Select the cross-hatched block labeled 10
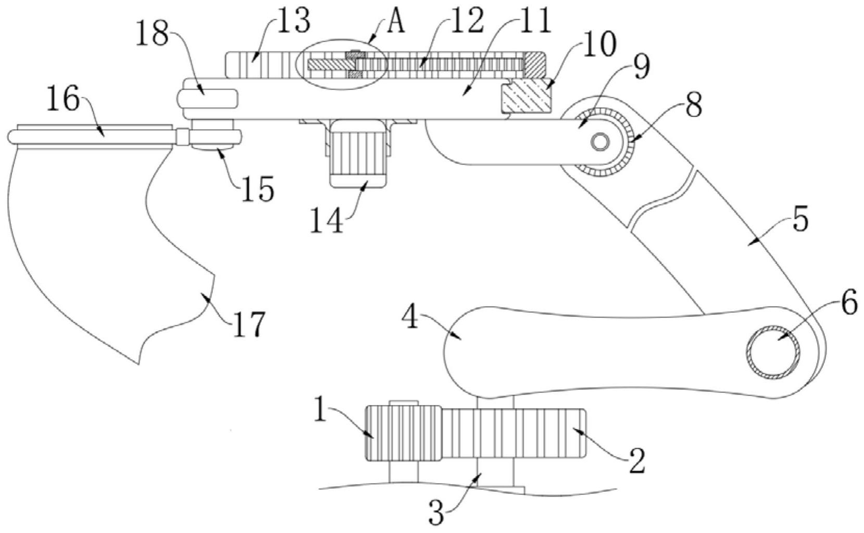[526, 95]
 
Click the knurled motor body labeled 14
[358, 154]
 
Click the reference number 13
[293, 22]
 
